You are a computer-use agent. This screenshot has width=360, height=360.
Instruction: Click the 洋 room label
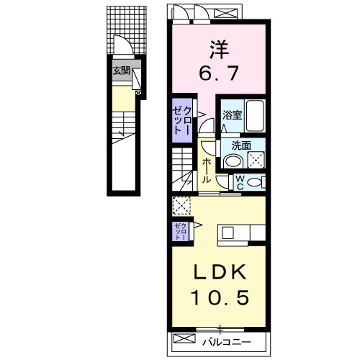219,50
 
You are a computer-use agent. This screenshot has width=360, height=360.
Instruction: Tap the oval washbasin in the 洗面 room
234,160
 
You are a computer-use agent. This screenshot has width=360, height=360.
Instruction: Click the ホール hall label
207,170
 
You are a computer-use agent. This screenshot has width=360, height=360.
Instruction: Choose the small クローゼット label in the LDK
181,231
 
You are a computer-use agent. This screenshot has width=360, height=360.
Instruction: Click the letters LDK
218,273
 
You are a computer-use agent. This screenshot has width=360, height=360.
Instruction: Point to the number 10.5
218,296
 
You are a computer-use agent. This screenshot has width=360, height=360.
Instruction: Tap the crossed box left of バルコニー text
184,338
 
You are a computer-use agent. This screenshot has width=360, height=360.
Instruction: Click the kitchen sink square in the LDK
228,232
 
